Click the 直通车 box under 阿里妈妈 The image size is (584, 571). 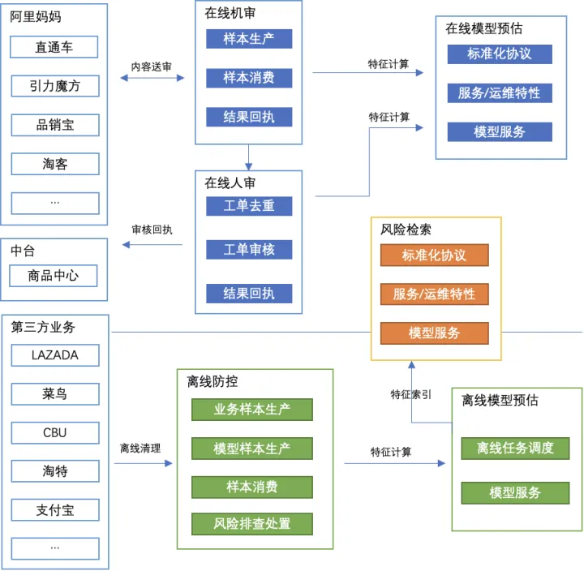point(54,47)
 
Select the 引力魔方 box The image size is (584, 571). point(55,86)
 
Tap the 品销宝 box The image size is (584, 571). point(55,125)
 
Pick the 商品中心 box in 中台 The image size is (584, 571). point(54,276)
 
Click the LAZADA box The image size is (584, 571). point(55,355)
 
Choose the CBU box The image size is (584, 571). point(55,432)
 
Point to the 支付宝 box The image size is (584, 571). point(55,510)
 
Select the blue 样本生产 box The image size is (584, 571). point(249,39)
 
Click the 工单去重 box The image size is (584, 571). point(249,206)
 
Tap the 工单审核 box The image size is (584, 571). point(249,250)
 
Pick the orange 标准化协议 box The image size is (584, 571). point(434,255)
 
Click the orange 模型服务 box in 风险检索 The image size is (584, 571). point(434,333)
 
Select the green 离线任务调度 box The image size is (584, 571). point(515,448)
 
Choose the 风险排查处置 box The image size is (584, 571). point(252,524)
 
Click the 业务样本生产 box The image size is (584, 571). point(252,410)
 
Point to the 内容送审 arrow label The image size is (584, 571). point(152,67)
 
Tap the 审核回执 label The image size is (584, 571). point(152,230)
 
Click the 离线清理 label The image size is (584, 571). point(140,448)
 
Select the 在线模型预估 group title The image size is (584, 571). point(483,28)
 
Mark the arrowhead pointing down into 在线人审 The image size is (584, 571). point(249,166)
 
